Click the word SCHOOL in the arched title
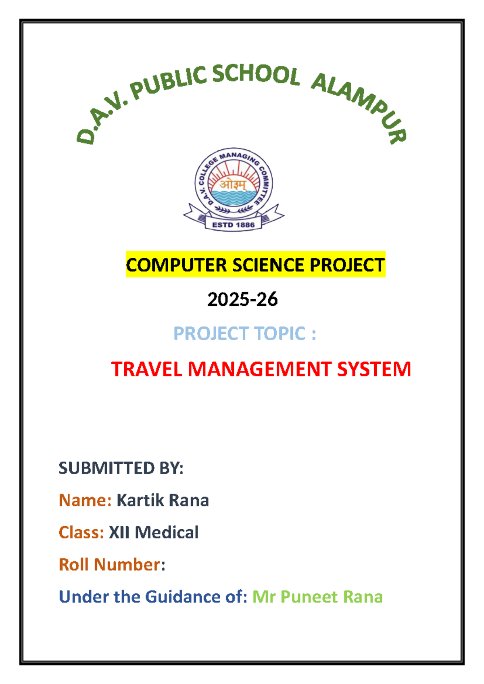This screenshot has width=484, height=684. click(x=256, y=76)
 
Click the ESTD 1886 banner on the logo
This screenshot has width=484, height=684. click(x=234, y=225)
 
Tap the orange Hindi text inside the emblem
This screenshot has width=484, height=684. click(x=233, y=185)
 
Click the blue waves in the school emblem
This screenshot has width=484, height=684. click(x=234, y=198)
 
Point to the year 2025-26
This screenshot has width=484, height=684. click(x=242, y=300)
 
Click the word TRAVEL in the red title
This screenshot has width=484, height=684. click(x=147, y=369)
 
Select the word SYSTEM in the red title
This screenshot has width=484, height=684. click(x=374, y=369)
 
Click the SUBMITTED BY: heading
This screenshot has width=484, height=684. click(x=121, y=468)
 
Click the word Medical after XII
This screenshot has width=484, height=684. click(x=167, y=532)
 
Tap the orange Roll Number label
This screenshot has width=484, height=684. click(x=110, y=565)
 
